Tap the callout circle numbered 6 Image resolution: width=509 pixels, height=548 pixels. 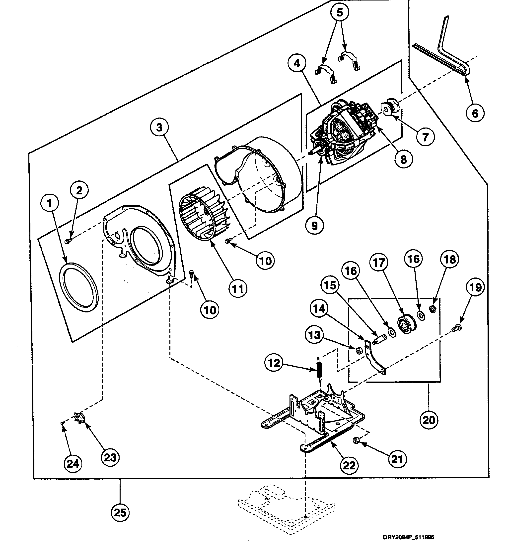[475, 113]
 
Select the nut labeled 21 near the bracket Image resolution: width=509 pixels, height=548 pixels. [355, 441]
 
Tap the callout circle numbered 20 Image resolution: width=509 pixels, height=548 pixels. [429, 420]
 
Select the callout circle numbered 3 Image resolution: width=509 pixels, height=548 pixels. [159, 127]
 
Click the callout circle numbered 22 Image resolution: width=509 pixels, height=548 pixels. [349, 465]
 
